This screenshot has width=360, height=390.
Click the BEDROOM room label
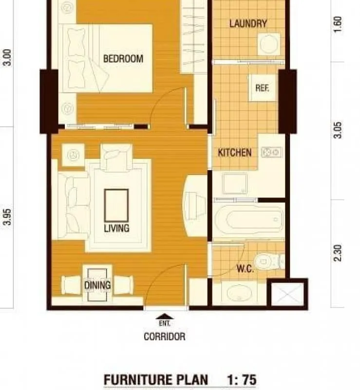click(x=123, y=58)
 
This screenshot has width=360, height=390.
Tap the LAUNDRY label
click(x=248, y=23)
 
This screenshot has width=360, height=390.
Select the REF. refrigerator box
click(x=263, y=88)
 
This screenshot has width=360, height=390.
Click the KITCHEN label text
click(x=235, y=153)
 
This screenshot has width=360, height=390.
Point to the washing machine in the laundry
click(x=269, y=44)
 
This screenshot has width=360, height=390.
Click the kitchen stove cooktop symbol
click(x=271, y=152)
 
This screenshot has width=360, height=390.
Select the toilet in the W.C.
click(x=269, y=261)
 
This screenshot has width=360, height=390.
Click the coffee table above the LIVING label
click(x=116, y=205)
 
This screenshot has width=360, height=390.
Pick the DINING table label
click(x=97, y=285)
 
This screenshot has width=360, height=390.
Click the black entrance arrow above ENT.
click(x=165, y=316)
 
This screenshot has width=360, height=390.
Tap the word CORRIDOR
click(x=165, y=336)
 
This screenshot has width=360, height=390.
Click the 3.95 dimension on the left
click(x=7, y=217)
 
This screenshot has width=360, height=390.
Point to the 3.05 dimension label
click(x=338, y=130)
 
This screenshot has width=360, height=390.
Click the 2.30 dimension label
click(x=338, y=253)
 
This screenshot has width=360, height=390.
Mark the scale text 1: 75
click(x=242, y=380)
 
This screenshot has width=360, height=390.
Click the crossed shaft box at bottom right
click(x=287, y=294)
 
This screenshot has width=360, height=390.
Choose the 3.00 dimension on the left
click(x=7, y=58)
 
